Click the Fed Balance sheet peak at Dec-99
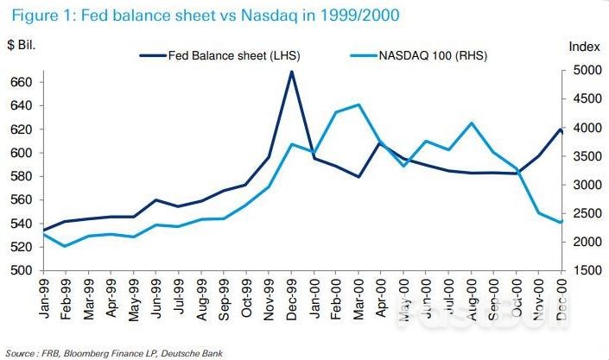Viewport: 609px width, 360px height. coord(291,72)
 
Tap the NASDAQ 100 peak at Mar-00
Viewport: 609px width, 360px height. coord(358,104)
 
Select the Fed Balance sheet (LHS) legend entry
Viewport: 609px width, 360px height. coord(223,56)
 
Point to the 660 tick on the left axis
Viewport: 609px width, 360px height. coord(20,83)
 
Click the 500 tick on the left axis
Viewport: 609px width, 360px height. coord(20,270)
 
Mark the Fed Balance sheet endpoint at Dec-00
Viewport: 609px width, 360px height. coord(561,130)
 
